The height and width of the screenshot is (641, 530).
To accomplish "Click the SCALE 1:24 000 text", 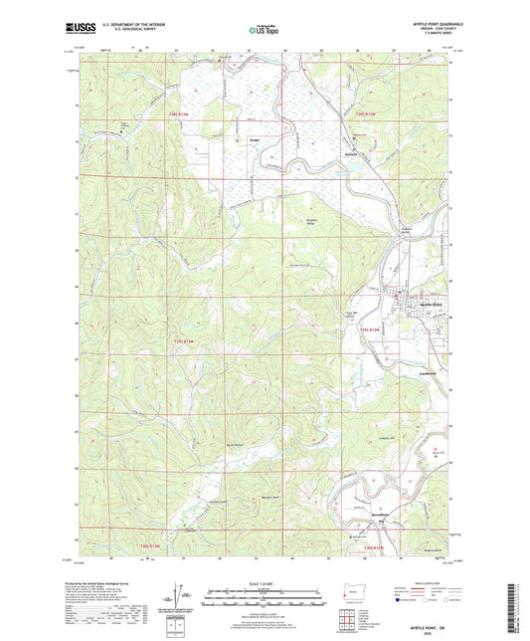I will click(x=265, y=583).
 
